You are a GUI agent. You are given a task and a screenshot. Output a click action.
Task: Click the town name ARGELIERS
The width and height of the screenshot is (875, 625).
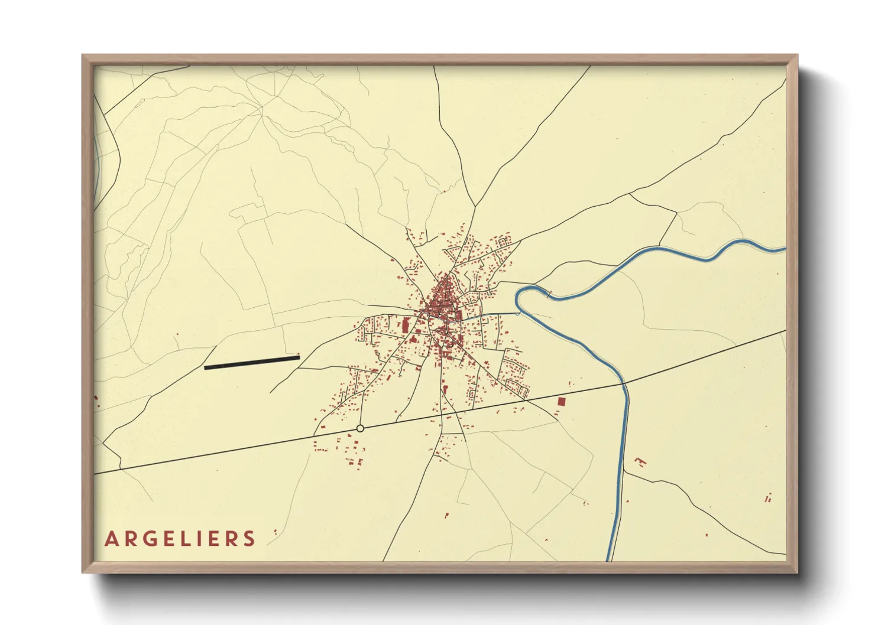(180, 539)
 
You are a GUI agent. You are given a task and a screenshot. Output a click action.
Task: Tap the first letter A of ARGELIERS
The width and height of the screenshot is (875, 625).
(111, 539)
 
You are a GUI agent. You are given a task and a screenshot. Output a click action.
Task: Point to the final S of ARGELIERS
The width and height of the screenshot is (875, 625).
(249, 539)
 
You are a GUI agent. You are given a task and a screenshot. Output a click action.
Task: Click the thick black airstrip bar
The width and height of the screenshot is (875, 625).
(252, 362)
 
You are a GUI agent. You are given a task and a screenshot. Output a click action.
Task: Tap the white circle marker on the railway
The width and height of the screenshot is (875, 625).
(360, 428)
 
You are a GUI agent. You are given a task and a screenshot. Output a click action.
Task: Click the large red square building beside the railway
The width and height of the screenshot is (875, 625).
(561, 401)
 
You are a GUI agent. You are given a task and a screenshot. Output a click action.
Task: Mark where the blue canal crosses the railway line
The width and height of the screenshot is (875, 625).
(624, 383)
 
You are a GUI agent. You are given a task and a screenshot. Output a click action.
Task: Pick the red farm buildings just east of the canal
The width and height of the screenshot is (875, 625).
(640, 461)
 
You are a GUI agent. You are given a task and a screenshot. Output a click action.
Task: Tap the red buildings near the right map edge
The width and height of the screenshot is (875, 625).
(768, 499)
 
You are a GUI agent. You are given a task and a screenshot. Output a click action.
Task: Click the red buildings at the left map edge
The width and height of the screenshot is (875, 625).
(96, 401)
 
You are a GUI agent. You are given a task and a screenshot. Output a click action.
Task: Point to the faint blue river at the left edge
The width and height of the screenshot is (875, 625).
(96, 159)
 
